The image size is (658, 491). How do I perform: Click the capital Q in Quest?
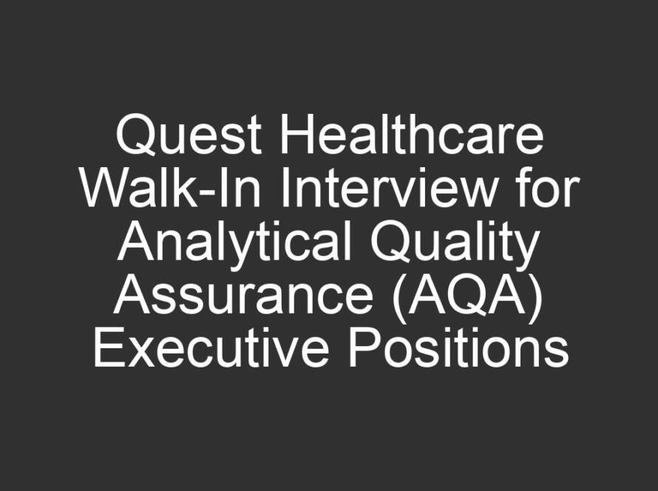(135, 135)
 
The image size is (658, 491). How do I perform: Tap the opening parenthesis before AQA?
(398, 299)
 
